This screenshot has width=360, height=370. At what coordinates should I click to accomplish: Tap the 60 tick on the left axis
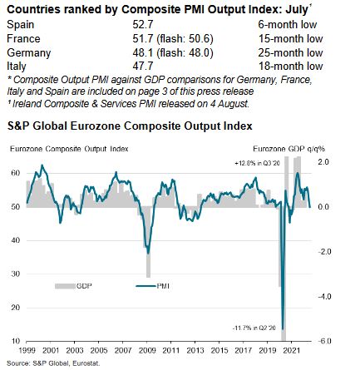tap(15, 172)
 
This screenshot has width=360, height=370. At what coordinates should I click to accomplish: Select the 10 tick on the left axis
tap(15, 342)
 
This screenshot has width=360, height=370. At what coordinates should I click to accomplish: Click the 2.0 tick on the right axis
tap(324, 160)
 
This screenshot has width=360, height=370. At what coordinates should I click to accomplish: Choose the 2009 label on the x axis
tap(146, 352)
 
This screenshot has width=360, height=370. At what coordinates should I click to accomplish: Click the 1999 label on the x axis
tap(26, 352)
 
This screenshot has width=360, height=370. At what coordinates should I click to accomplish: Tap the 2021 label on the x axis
tap(291, 352)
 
